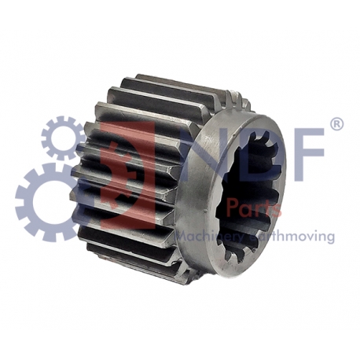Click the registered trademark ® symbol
336,124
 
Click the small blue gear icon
64,138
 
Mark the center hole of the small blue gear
64,138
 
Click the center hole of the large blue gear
49,202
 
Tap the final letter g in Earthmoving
330,238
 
